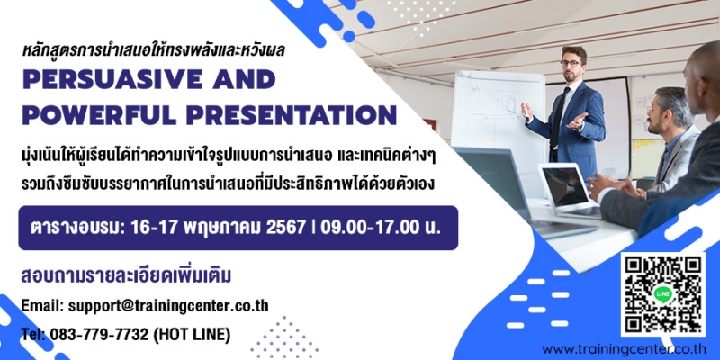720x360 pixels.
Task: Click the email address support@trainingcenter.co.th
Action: (x=168, y=306)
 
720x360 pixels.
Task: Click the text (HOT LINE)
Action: (x=192, y=335)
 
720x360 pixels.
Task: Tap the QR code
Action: (x=663, y=294)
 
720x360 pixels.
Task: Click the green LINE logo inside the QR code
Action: (x=663, y=294)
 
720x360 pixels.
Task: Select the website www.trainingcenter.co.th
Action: (x=629, y=349)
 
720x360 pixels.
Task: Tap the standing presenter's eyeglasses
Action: (x=571, y=64)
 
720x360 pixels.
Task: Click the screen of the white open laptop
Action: (x=565, y=186)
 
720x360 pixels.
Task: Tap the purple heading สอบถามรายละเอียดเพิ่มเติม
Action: (x=126, y=276)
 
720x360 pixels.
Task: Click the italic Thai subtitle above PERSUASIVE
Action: (x=154, y=50)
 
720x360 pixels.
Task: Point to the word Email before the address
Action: (x=42, y=306)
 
